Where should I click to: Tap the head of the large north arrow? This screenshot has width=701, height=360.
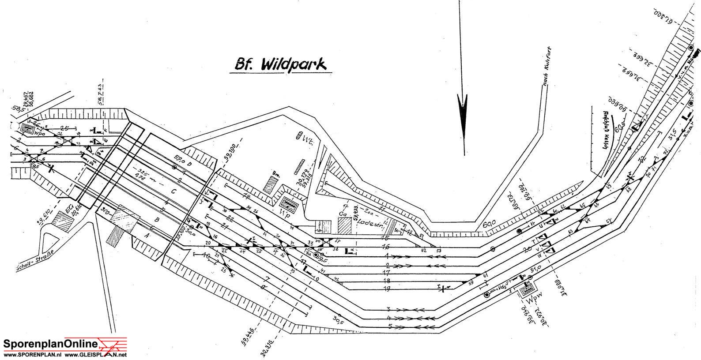coord(463,110)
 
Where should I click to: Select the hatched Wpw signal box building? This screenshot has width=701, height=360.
coord(527,290)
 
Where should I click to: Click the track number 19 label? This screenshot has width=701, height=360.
coord(387,289)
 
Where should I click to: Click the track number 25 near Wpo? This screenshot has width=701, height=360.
coord(65,128)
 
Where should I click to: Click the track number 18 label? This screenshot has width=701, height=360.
coord(387,281)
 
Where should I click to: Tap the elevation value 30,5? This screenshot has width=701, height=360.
coord(338,319)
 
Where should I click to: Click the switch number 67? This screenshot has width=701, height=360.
coord(608,221)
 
